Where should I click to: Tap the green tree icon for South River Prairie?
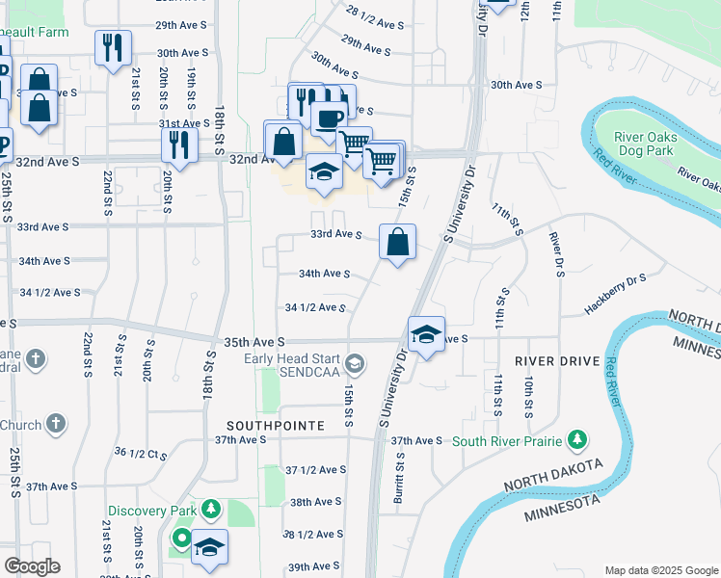577,440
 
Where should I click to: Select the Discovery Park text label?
152,510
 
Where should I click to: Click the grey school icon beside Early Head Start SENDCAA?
356,363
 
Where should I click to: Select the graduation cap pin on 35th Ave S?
427,335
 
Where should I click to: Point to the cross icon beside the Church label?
56,423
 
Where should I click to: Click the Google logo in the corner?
32,566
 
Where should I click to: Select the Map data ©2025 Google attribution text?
660,570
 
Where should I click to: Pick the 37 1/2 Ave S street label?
315,470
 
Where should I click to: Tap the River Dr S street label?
556,254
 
